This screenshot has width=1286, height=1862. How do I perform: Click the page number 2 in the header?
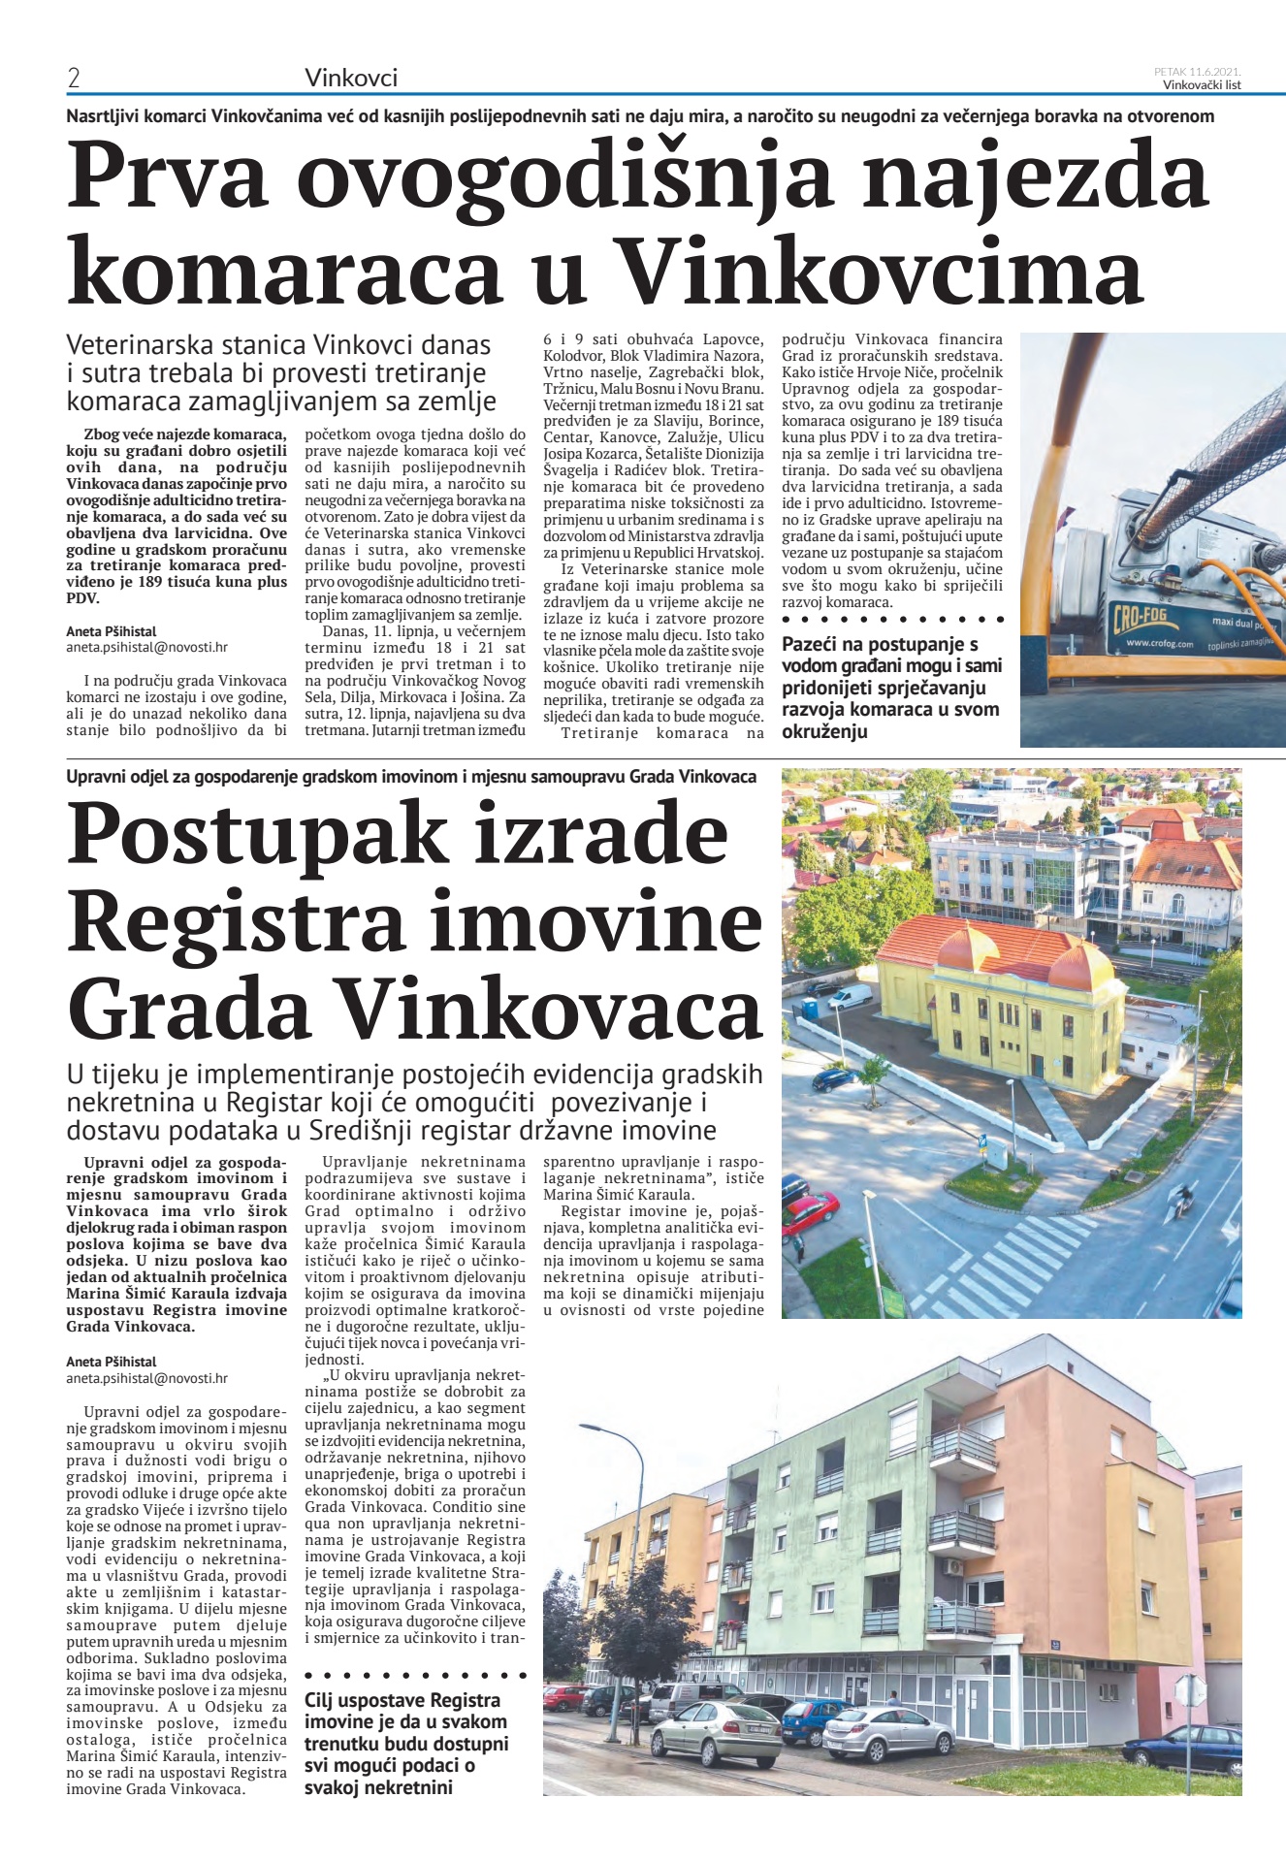74,79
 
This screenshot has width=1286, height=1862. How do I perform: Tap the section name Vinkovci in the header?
351,78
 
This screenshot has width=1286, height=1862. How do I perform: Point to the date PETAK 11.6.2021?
1198,71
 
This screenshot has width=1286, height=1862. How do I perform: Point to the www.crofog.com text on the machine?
1159,644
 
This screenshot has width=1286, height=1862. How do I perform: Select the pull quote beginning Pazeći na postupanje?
891,688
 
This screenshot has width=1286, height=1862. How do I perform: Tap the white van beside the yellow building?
851,996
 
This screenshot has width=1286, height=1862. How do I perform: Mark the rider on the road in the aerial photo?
1183,1200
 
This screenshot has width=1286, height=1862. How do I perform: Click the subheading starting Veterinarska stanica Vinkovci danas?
279,373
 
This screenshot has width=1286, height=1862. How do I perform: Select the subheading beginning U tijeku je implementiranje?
414,1103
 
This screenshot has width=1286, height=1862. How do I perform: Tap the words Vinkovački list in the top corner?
1202,84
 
